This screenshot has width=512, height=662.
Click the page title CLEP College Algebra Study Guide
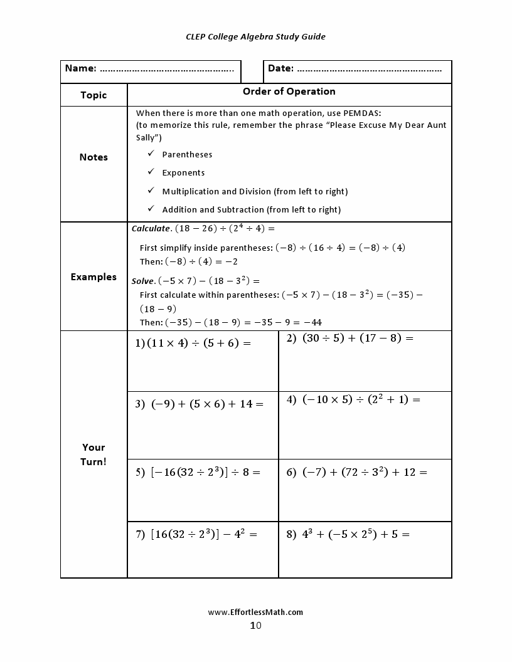pyautogui.click(x=255, y=36)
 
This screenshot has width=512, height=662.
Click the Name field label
pyautogui.click(x=81, y=68)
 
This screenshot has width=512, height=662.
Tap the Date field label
pyautogui.click(x=280, y=68)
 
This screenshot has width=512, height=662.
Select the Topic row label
pyautogui.click(x=93, y=95)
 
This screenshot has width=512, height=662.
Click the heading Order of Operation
pyautogui.click(x=289, y=92)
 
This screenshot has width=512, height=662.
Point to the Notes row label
pyautogui.click(x=93, y=157)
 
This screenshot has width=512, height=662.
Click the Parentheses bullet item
pyautogui.click(x=187, y=154)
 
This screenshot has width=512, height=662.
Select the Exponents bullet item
pyautogui.click(x=183, y=172)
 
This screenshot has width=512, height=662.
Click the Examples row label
pyautogui.click(x=93, y=276)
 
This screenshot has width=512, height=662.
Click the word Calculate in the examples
pyautogui.click(x=151, y=229)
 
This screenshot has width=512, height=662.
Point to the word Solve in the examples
pyautogui.click(x=142, y=281)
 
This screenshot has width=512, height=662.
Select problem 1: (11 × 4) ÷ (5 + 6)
pyautogui.click(x=193, y=343)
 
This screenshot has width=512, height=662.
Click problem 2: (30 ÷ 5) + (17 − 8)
pyautogui.click(x=351, y=339)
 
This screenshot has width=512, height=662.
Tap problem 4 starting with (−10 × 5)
pyautogui.click(x=354, y=399)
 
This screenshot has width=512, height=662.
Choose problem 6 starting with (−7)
pyautogui.click(x=357, y=472)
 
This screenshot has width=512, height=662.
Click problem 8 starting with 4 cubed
pyautogui.click(x=348, y=535)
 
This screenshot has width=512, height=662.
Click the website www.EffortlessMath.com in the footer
pyautogui.click(x=255, y=612)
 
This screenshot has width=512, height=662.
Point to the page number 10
pyautogui.click(x=255, y=625)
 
